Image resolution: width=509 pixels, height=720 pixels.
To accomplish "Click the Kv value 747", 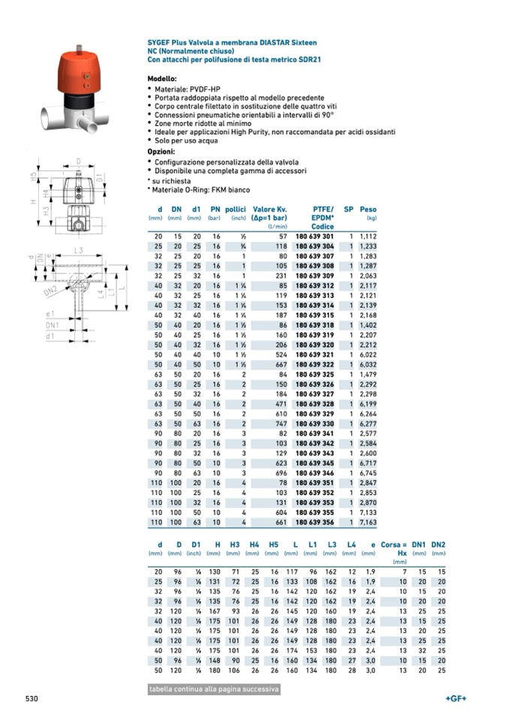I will tap(279, 423).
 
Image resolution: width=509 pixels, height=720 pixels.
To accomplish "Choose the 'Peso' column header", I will tap(368, 209).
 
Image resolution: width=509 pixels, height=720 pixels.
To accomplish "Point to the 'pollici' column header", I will tap(236, 209).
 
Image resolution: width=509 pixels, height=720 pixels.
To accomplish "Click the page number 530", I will tap(32, 699).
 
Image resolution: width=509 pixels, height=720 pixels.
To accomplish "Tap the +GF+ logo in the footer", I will tap(456, 699).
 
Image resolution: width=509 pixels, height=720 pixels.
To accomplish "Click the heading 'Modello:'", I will tap(162, 79).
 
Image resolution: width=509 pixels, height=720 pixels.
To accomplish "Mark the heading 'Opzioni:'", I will tap(161, 152).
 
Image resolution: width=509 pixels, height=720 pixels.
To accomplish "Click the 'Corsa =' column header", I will tap(393, 544).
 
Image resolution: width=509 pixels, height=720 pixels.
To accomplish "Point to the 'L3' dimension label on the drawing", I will tap(78, 250).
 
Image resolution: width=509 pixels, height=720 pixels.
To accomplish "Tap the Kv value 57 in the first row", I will tap(282, 236).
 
